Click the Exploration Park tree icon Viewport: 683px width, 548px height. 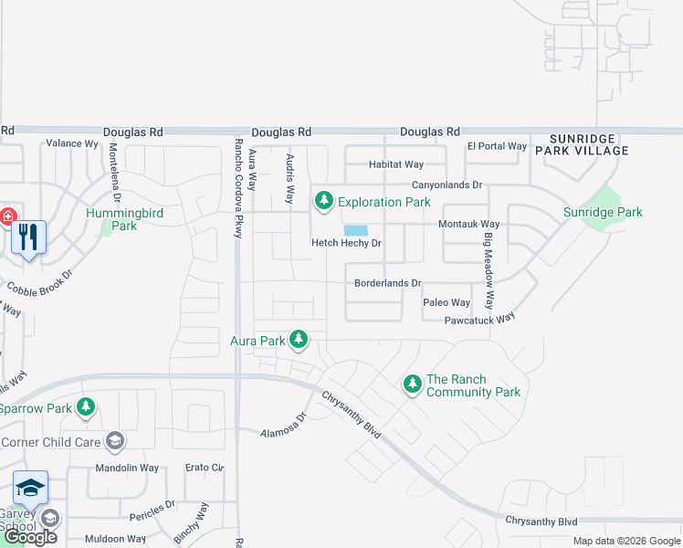click(x=323, y=201)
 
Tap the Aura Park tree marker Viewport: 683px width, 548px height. click(x=298, y=340)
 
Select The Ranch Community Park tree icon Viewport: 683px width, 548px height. click(x=412, y=385)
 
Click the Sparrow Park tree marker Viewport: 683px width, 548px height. click(x=86, y=407)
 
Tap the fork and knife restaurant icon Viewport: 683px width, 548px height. click(x=28, y=237)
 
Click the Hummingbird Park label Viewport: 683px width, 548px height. click(x=124, y=219)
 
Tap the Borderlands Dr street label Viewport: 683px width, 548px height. click(x=388, y=283)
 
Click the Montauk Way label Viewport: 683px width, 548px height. click(x=469, y=224)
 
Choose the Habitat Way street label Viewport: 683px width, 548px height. click(x=396, y=164)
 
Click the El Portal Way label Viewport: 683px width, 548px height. click(x=497, y=146)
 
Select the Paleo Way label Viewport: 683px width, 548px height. click(x=447, y=302)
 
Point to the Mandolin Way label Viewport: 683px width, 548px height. click(x=127, y=469)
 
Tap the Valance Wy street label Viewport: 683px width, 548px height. click(x=72, y=143)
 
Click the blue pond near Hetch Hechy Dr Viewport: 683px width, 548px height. click(x=356, y=231)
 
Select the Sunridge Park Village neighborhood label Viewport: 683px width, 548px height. click(x=582, y=143)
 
